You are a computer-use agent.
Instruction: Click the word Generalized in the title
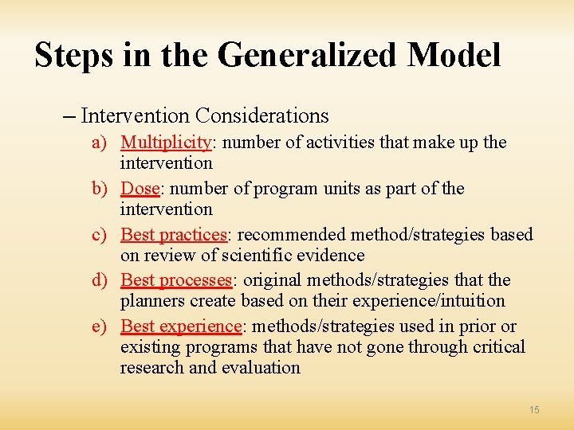(305, 56)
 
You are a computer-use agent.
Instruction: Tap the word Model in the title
(454, 56)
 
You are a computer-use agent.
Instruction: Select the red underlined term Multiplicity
(165, 143)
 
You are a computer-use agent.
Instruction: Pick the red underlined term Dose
(140, 189)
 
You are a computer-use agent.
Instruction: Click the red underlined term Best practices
(174, 235)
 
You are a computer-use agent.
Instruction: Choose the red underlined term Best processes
(176, 280)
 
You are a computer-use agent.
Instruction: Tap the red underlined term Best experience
(181, 326)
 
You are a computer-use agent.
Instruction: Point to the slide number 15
(533, 409)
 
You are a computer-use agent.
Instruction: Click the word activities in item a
(324, 143)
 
